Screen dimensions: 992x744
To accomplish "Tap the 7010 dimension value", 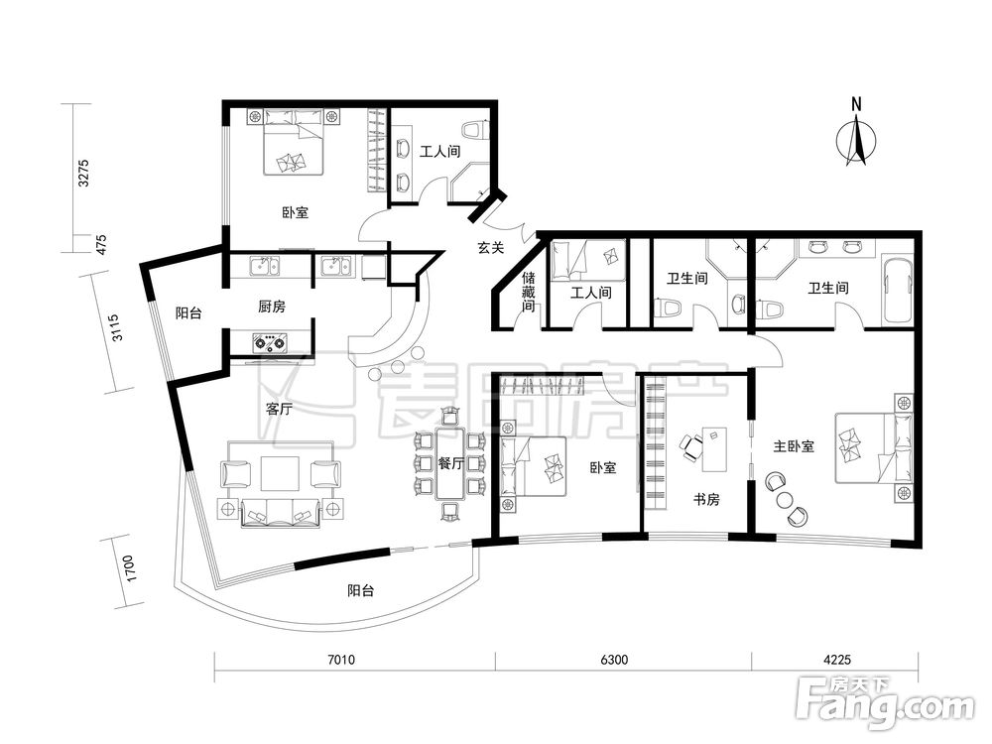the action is pyautogui.click(x=340, y=660).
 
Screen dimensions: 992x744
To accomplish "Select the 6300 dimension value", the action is pyautogui.click(x=614, y=660).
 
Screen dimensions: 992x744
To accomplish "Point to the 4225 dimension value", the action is pyautogui.click(x=837, y=660).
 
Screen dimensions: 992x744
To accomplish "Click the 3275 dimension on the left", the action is pyautogui.click(x=83, y=173).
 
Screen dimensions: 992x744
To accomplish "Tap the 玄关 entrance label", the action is pyautogui.click(x=490, y=248).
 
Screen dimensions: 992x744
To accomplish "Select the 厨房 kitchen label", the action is pyautogui.click(x=272, y=307).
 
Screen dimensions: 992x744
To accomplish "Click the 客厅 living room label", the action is pyautogui.click(x=279, y=409).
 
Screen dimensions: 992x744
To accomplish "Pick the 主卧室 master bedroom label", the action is pyautogui.click(x=794, y=446).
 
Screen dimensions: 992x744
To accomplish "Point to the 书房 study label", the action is pyautogui.click(x=706, y=500).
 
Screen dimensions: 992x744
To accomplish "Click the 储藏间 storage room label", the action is pyautogui.click(x=529, y=292).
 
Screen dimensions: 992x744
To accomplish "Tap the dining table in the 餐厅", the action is pyautogui.click(x=450, y=463).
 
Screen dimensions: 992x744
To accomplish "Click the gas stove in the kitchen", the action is pyautogui.click(x=270, y=343).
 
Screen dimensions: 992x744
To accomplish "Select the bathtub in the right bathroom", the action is pyautogui.click(x=897, y=291).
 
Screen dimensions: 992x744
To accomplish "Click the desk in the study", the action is pyautogui.click(x=715, y=449).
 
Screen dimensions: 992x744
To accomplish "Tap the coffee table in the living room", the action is pyautogui.click(x=280, y=474).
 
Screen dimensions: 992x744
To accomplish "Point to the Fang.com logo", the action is pyautogui.click(x=885, y=702).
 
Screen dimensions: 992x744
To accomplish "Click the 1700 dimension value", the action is pyautogui.click(x=130, y=568).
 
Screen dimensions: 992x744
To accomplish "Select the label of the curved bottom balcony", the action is pyautogui.click(x=361, y=591).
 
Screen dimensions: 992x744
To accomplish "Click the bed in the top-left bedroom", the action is pyautogui.click(x=295, y=142).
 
